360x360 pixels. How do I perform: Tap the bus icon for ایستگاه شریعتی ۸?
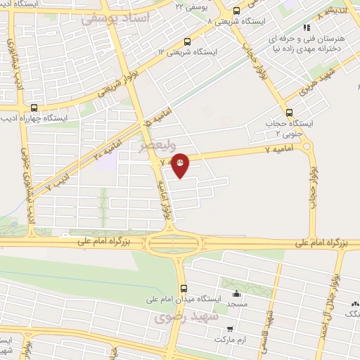pyautogui.click(x=236, y=11)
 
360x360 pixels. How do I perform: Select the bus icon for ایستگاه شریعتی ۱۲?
pyautogui.click(x=186, y=41)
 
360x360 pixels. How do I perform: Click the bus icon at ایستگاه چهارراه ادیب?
pyautogui.click(x=34, y=108)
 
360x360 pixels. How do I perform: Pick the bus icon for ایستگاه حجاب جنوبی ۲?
pyautogui.click(x=289, y=112)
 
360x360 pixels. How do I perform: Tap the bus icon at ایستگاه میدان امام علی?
pyautogui.click(x=184, y=288)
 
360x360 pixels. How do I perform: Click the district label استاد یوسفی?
pyautogui.click(x=116, y=19)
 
